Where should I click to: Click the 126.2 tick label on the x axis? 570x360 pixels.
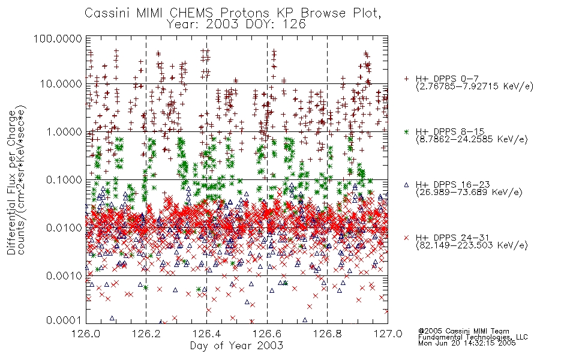[x=146, y=334]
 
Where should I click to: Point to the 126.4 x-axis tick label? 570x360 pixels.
[x=206, y=334]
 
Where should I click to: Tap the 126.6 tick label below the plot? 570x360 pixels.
[x=267, y=334]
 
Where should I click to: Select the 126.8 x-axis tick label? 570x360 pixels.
[x=327, y=334]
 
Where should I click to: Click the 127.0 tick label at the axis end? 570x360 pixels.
[x=388, y=334]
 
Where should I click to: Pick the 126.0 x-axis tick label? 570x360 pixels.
[x=86, y=334]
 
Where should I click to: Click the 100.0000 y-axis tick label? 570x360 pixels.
[x=58, y=38]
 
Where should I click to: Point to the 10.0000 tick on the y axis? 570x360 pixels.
[x=61, y=84]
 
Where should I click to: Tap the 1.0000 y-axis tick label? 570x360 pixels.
[x=64, y=131]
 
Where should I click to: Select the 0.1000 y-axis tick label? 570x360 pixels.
[x=64, y=179]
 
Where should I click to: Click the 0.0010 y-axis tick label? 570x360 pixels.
[x=64, y=275]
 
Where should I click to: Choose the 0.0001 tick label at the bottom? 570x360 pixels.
[x=64, y=320]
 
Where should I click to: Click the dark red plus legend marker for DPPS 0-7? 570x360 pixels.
[x=406, y=79]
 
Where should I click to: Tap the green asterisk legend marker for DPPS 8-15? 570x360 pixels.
[x=406, y=131]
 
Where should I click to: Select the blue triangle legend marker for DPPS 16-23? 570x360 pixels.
[x=406, y=185]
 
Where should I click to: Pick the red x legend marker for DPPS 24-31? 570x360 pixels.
[x=406, y=238]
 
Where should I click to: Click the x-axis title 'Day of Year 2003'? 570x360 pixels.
[x=236, y=346]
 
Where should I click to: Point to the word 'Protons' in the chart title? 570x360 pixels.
[x=245, y=13]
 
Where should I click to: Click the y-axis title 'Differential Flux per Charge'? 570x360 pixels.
[x=12, y=182]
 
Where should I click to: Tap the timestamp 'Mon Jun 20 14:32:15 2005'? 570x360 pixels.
[x=467, y=343]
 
